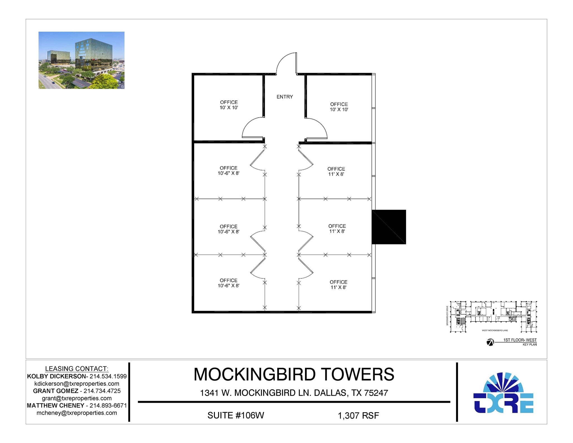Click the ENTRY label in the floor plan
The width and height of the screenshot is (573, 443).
pos(285,97)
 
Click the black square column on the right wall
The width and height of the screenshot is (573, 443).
pos(389,227)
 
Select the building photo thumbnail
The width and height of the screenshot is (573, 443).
pos(81,60)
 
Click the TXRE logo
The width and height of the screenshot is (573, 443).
pos(503,393)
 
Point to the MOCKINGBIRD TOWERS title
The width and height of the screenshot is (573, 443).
pos(294,374)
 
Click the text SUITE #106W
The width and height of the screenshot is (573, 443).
pos(236,415)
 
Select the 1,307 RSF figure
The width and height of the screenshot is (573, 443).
pos(358,416)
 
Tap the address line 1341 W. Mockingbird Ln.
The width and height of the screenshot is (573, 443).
pos(294,393)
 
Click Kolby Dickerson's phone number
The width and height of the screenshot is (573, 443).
pos(108,376)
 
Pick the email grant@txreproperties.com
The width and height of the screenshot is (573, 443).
pos(77,398)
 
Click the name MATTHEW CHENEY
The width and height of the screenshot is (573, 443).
pos(55,406)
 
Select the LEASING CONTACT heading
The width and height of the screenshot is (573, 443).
pos(77,369)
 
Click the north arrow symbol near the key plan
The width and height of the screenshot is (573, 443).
pos(490,342)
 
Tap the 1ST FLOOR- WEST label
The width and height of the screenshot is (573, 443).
pos(520,340)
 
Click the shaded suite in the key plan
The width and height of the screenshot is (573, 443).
pos(463,321)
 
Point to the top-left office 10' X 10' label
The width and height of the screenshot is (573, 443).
pos(229,105)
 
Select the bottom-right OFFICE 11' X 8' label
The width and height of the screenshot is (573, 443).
pos(338,285)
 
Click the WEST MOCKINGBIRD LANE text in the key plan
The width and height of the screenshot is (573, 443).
pos(495,331)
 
